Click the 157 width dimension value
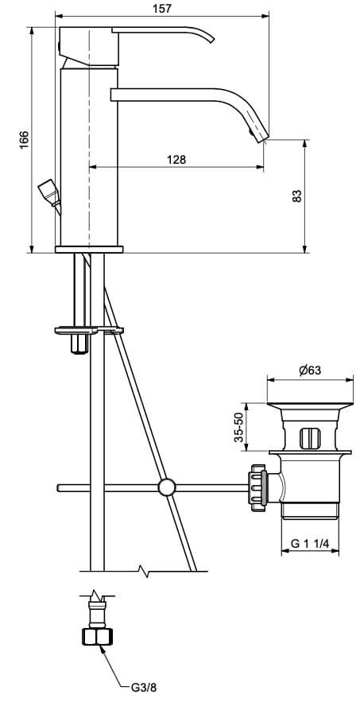[x=162, y=8]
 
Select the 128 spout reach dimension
[x=176, y=159]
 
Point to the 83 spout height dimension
[x=296, y=196]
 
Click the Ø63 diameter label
[x=310, y=370]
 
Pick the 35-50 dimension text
[x=238, y=428]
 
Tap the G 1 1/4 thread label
[x=310, y=543]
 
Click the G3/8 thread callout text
[x=145, y=687]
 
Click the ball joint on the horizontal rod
[x=167, y=487]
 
